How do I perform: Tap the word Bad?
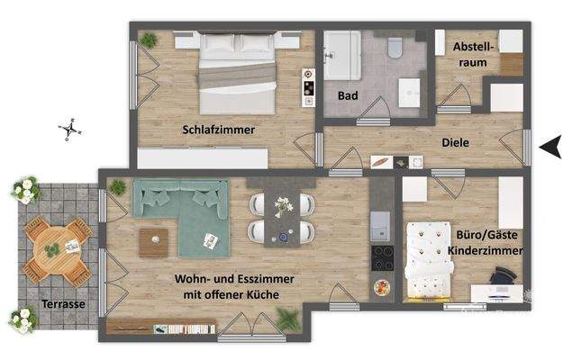(348, 94)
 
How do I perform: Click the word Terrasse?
(63, 304)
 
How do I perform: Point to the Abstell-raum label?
(472, 53)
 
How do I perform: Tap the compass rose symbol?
(70, 130)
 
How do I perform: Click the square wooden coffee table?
(154, 241)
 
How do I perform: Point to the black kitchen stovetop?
(382, 259)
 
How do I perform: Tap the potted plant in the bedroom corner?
(148, 40)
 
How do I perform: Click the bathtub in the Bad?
(342, 53)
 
